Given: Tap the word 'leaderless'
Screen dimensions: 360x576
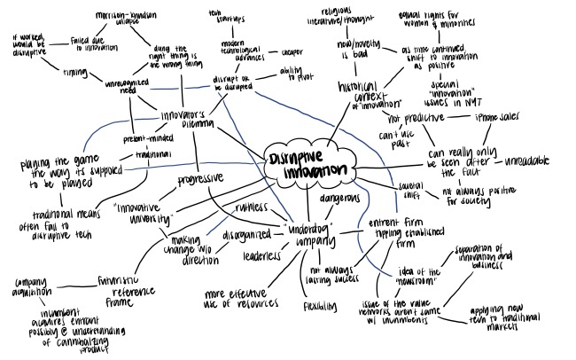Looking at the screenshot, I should point(262,257).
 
